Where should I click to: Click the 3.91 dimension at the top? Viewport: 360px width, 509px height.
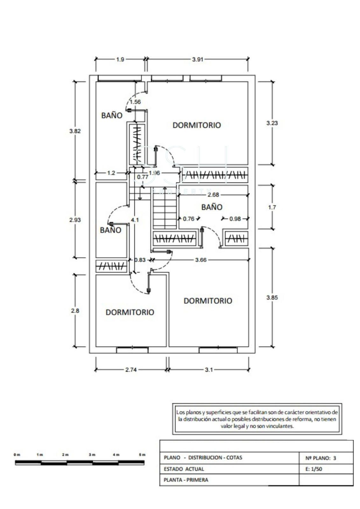coord(198,59)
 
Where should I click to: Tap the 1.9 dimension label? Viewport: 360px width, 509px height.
coord(120,59)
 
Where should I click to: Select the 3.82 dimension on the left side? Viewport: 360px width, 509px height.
coord(75,131)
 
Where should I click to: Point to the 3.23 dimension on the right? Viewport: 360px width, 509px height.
coord(272,123)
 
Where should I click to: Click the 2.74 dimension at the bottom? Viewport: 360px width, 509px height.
coord(131,370)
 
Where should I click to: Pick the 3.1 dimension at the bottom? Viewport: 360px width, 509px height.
coord(209,370)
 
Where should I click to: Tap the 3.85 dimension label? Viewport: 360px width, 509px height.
coord(272,297)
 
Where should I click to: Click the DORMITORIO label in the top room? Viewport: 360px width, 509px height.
coord(196,125)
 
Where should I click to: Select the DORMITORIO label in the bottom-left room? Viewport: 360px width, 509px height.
coord(130,312)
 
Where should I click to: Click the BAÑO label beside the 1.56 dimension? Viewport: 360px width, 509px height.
coord(112,115)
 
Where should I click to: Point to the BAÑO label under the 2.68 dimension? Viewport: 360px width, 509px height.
coord(212,207)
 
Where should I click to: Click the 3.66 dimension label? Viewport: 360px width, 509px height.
coord(201,260)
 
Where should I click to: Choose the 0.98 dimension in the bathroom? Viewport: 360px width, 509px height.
coord(235,219)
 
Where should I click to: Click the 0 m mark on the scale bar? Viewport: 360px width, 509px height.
coord(17,455)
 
